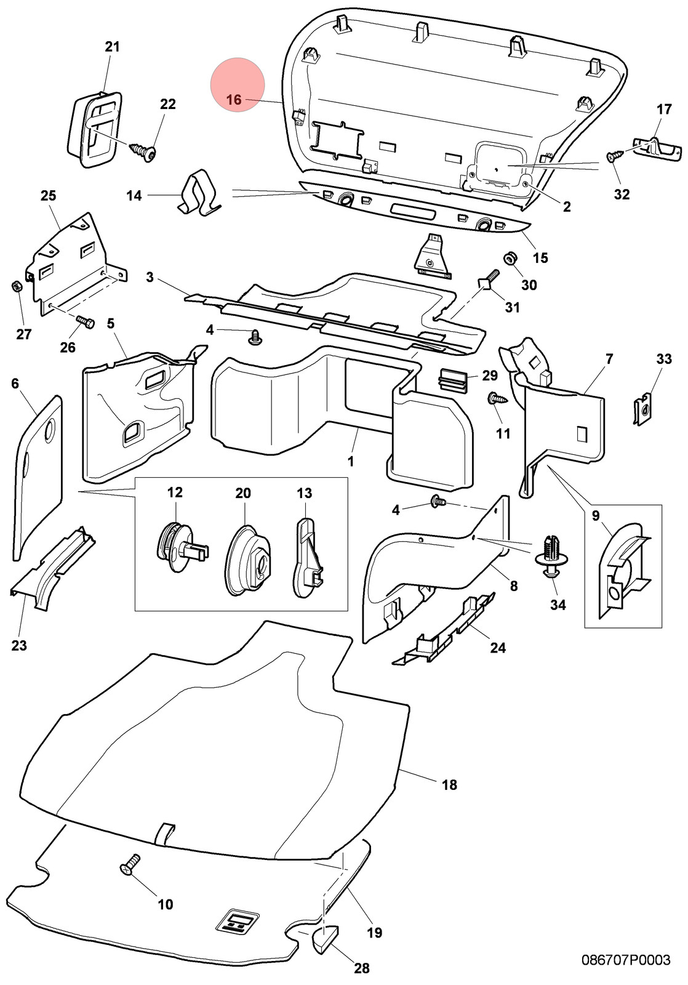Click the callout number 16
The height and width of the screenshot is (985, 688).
(234, 100)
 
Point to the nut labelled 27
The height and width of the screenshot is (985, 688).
(15, 287)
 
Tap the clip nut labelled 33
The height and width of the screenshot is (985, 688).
(642, 410)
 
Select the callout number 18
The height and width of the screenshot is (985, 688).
(449, 784)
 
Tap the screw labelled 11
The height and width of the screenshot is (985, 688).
(497, 399)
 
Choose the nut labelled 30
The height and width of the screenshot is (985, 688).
(510, 257)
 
